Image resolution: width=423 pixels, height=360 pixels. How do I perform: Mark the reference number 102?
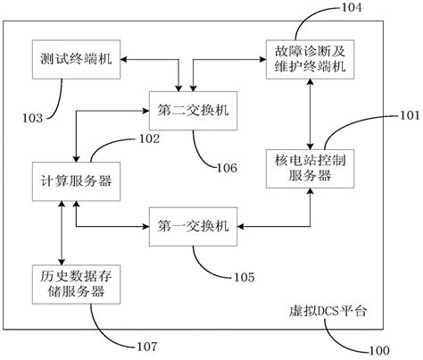(x=148, y=138)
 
